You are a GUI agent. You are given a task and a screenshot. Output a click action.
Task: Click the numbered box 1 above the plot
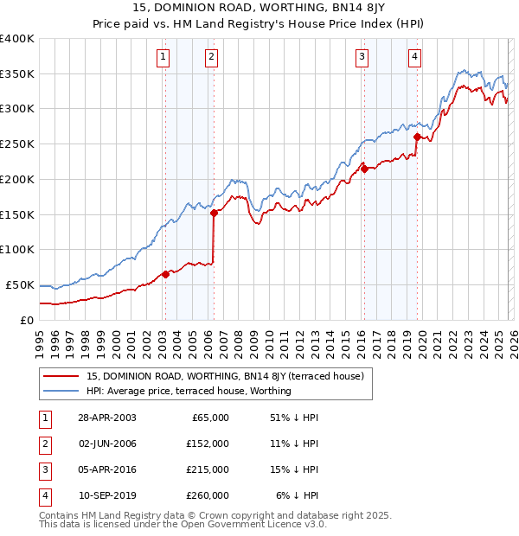click(163, 58)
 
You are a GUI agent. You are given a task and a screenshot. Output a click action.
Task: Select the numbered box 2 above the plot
click(211, 58)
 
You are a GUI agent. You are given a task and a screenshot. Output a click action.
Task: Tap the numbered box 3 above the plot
click(362, 58)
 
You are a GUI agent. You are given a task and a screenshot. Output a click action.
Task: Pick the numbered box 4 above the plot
click(415, 58)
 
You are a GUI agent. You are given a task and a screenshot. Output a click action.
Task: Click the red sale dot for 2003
click(165, 275)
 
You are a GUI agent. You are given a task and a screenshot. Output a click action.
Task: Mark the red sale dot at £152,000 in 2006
click(214, 214)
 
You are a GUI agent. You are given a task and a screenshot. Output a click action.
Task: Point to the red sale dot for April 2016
click(364, 169)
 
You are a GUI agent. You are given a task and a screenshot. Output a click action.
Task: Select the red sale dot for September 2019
click(417, 137)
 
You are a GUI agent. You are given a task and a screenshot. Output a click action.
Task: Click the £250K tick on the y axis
click(17, 144)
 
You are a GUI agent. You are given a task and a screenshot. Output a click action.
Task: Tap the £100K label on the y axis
click(17, 249)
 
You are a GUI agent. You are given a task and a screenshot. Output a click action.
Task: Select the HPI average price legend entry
click(189, 391)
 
